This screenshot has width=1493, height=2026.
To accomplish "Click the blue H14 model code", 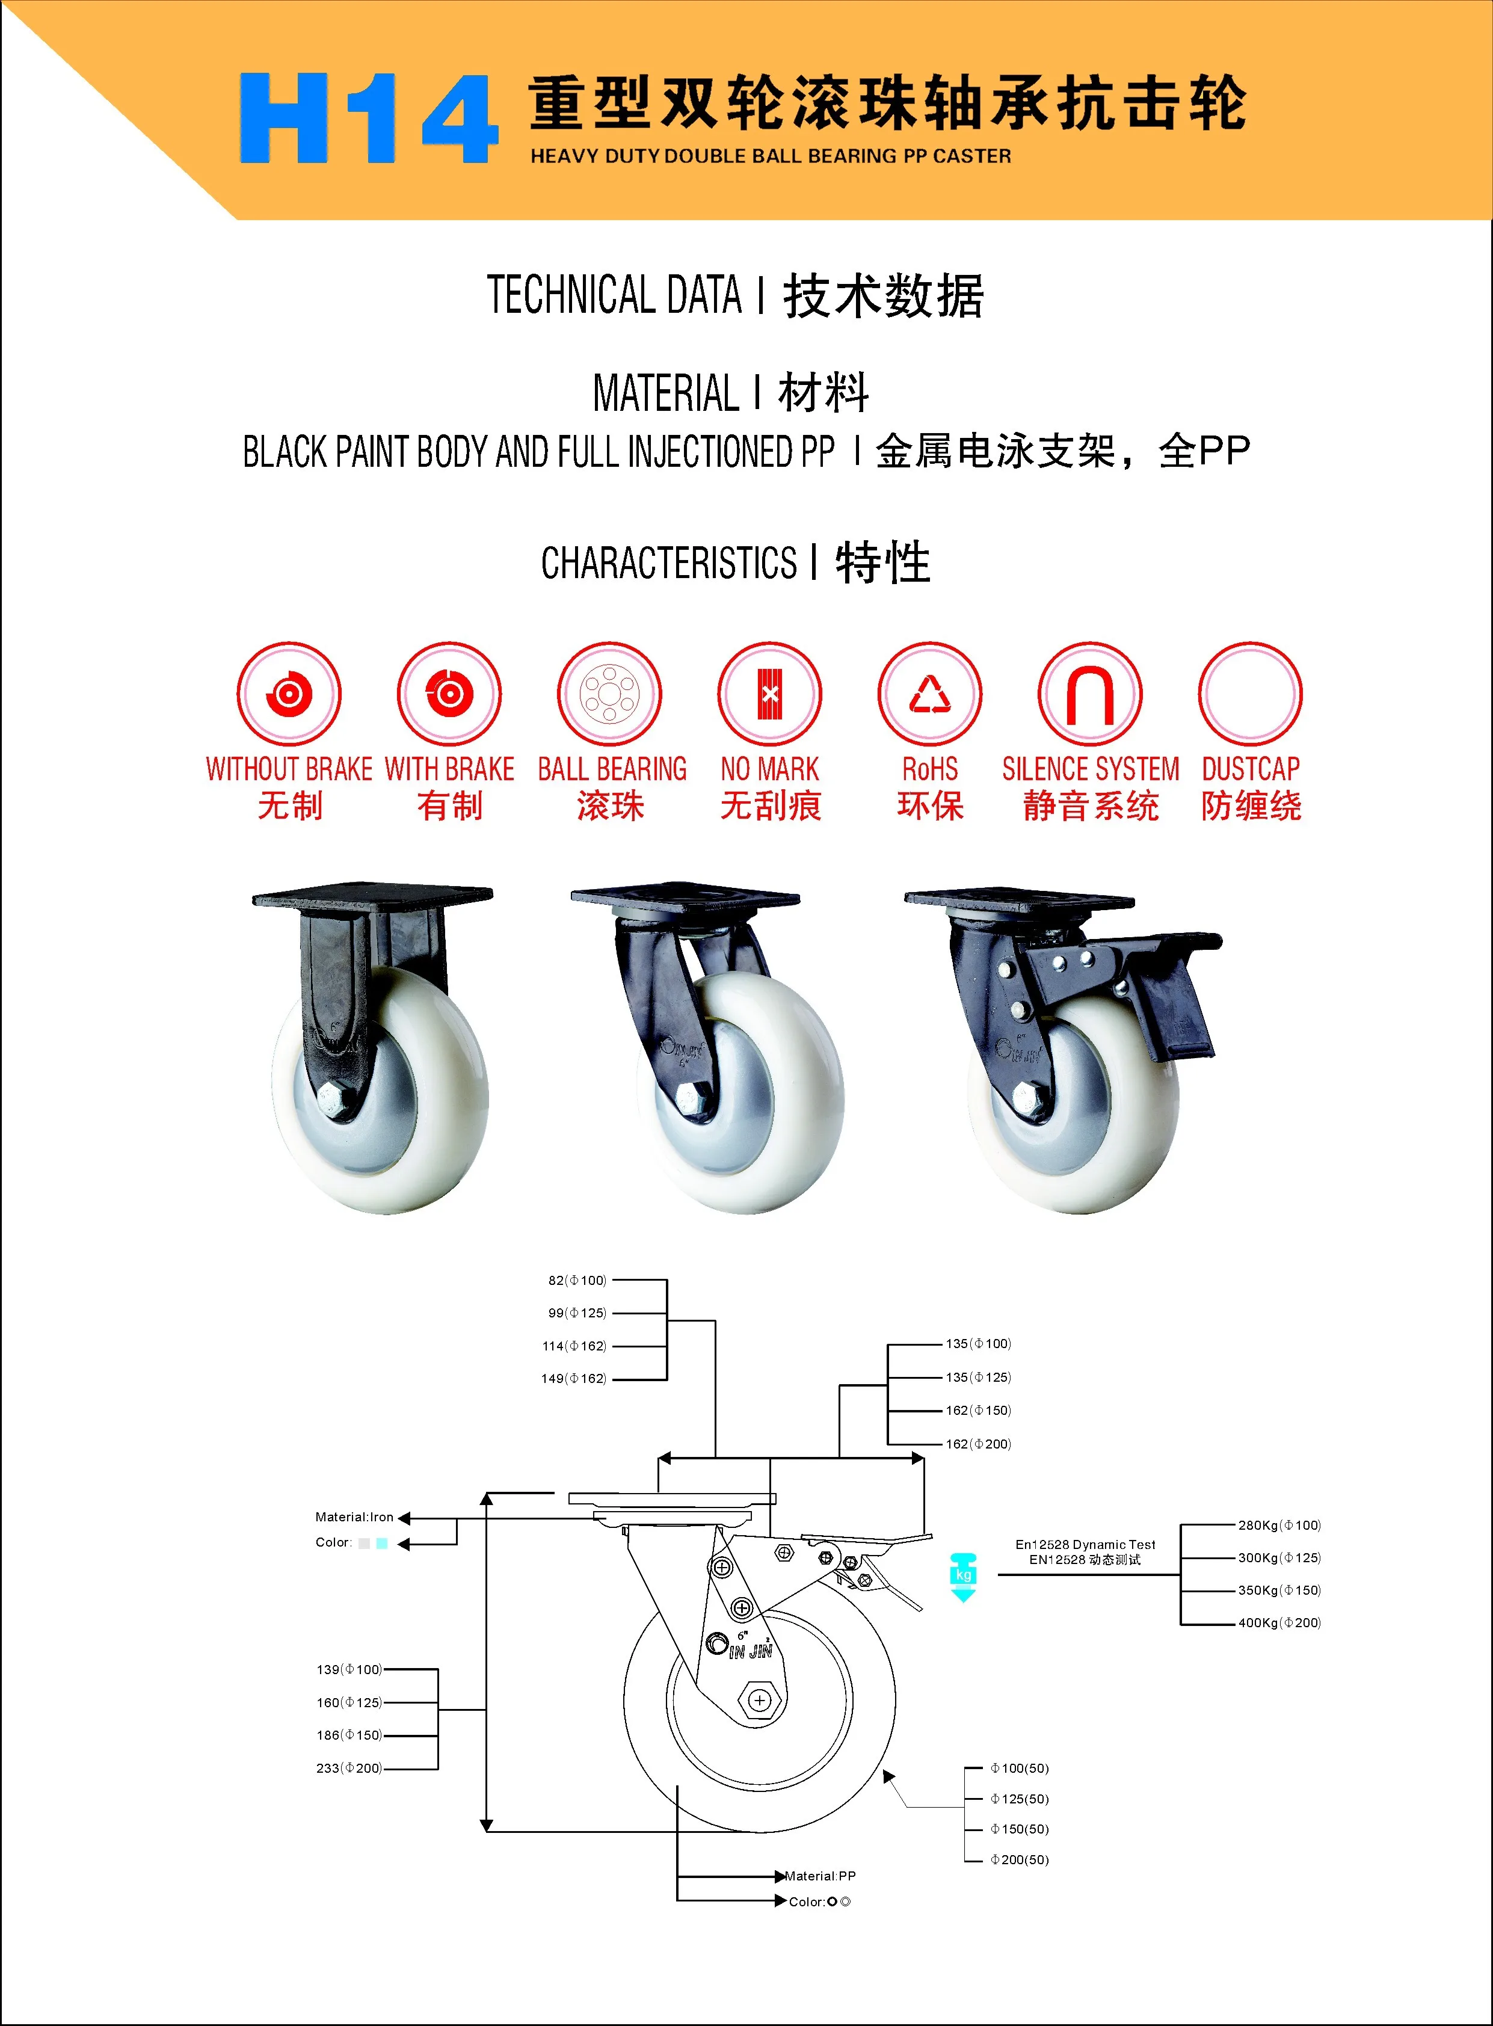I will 368,119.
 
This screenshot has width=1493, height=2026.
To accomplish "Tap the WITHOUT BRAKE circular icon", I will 289,694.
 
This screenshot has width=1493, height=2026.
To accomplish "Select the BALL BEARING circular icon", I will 610,694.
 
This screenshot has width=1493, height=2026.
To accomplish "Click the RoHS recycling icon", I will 930,694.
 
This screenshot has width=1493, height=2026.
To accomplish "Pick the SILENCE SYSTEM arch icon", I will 1090,694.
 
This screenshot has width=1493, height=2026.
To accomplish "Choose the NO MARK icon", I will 770,694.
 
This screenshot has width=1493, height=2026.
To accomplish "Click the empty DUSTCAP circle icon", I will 1250,694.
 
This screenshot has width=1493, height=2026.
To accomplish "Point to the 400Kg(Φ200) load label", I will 1279,1623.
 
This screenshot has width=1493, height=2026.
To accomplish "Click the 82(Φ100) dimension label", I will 577,1281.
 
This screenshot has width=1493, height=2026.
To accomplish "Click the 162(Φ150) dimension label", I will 978,1411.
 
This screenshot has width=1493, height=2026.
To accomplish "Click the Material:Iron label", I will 354,1517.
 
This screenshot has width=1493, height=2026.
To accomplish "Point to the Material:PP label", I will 820,1876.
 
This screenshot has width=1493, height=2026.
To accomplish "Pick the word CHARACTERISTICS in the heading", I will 669,563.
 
